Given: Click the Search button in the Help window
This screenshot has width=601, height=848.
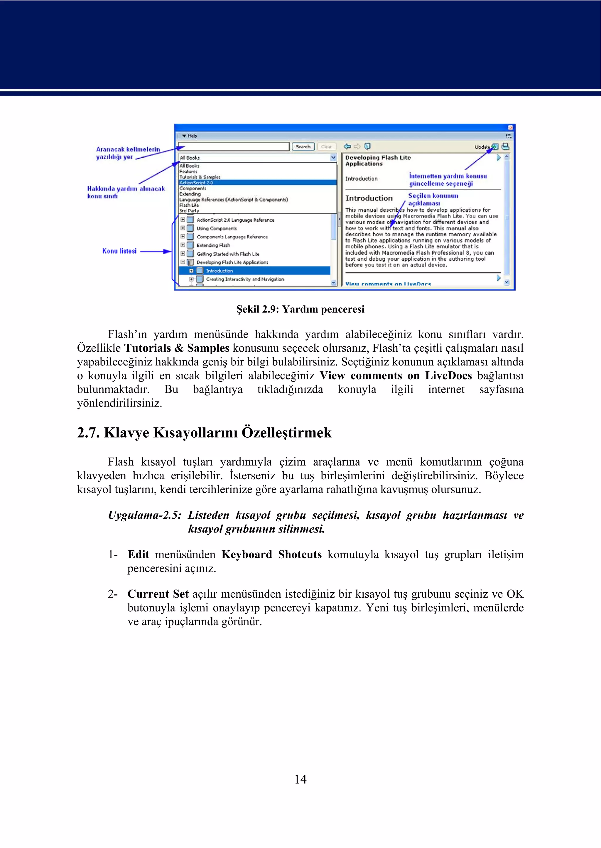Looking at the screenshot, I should (x=303, y=146).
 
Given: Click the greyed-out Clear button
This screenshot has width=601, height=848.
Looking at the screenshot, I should (x=326, y=146).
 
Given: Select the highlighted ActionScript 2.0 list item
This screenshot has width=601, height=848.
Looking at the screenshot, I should (x=196, y=183).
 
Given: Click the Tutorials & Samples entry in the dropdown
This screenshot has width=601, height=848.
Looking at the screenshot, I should (x=200, y=177).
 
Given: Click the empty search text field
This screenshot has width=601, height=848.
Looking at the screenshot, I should (x=234, y=146).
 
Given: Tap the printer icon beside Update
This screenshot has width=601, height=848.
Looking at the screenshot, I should (x=506, y=146).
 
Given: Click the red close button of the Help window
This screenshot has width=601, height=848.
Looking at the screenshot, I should (x=510, y=127).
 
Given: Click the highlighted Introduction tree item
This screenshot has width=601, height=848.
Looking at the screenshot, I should (x=219, y=271).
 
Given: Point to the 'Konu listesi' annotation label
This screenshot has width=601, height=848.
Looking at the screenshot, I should (x=119, y=251).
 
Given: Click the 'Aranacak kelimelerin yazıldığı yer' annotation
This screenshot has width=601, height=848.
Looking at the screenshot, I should (x=128, y=153).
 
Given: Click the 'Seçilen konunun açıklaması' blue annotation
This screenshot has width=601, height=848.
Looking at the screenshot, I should (x=433, y=199).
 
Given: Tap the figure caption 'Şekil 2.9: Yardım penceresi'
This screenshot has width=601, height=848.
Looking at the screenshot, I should (x=300, y=309).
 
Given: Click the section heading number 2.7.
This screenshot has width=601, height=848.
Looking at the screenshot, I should (x=88, y=432).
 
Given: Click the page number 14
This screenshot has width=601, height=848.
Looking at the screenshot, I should (x=300, y=779).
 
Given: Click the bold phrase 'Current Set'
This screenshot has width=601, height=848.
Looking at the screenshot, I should (x=158, y=594).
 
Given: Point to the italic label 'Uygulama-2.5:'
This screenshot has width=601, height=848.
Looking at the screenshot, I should (x=144, y=515).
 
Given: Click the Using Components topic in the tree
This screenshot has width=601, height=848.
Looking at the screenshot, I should (x=217, y=228).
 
